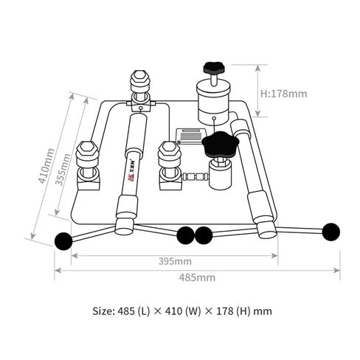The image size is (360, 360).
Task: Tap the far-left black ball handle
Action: pos(64,240)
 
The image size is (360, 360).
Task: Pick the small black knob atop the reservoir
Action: pos(214,67)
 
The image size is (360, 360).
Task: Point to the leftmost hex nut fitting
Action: pos(88,155)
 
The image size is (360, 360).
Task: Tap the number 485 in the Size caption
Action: pos(122,311)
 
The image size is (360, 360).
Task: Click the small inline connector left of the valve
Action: pos(195,177)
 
